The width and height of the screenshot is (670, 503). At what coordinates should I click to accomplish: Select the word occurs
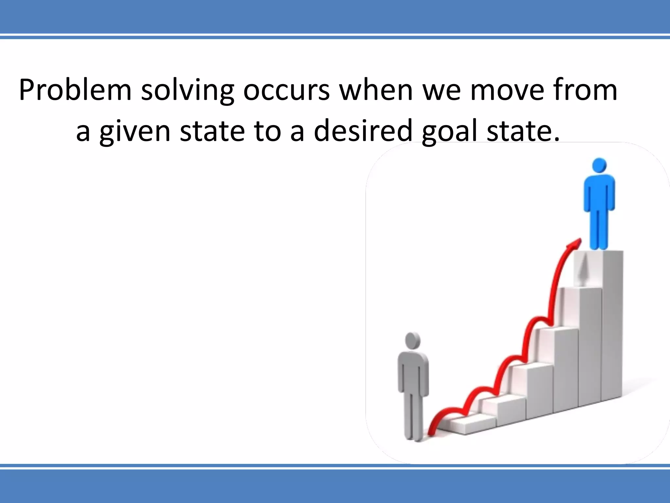[287, 90]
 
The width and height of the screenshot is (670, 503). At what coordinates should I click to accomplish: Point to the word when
[376, 90]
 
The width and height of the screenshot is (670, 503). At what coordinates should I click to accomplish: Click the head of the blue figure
[599, 165]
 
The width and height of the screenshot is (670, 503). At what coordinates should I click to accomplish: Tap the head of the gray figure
[413, 341]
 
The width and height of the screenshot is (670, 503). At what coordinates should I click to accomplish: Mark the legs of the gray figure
[413, 416]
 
